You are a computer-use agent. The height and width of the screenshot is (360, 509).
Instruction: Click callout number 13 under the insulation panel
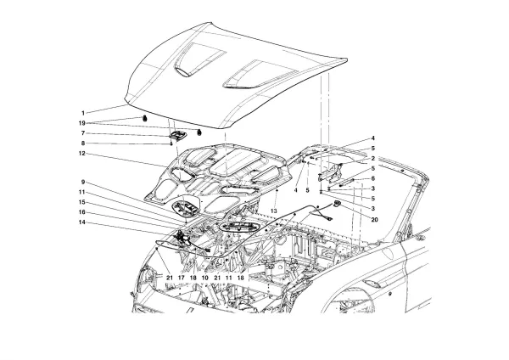point(274,210)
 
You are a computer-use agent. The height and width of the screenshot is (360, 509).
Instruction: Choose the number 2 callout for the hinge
point(371,159)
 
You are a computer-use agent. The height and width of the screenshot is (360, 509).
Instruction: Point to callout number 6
point(371,178)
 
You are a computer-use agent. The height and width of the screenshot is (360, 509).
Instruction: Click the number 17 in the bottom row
point(182,278)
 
